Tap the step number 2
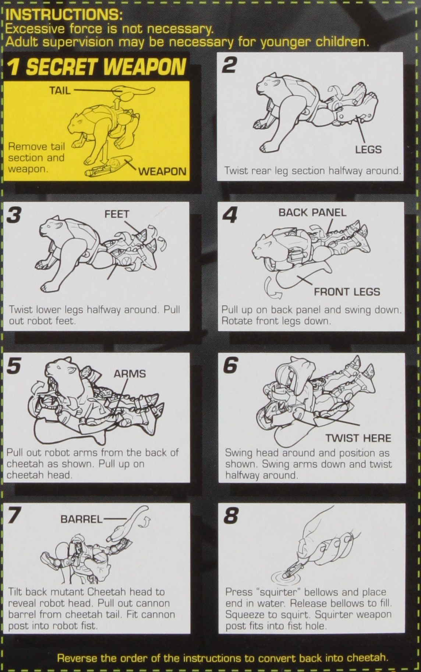[x=229, y=65]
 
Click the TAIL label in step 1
[x=60, y=90]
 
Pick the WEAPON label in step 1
[x=162, y=171]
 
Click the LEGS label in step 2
[x=368, y=150]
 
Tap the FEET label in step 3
[x=117, y=214]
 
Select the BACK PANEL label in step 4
[x=312, y=212]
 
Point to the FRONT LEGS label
[x=347, y=292]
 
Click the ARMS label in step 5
[x=130, y=374]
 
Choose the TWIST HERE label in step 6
[x=358, y=438]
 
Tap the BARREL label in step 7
[x=81, y=519]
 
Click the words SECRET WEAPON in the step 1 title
[x=106, y=67]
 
